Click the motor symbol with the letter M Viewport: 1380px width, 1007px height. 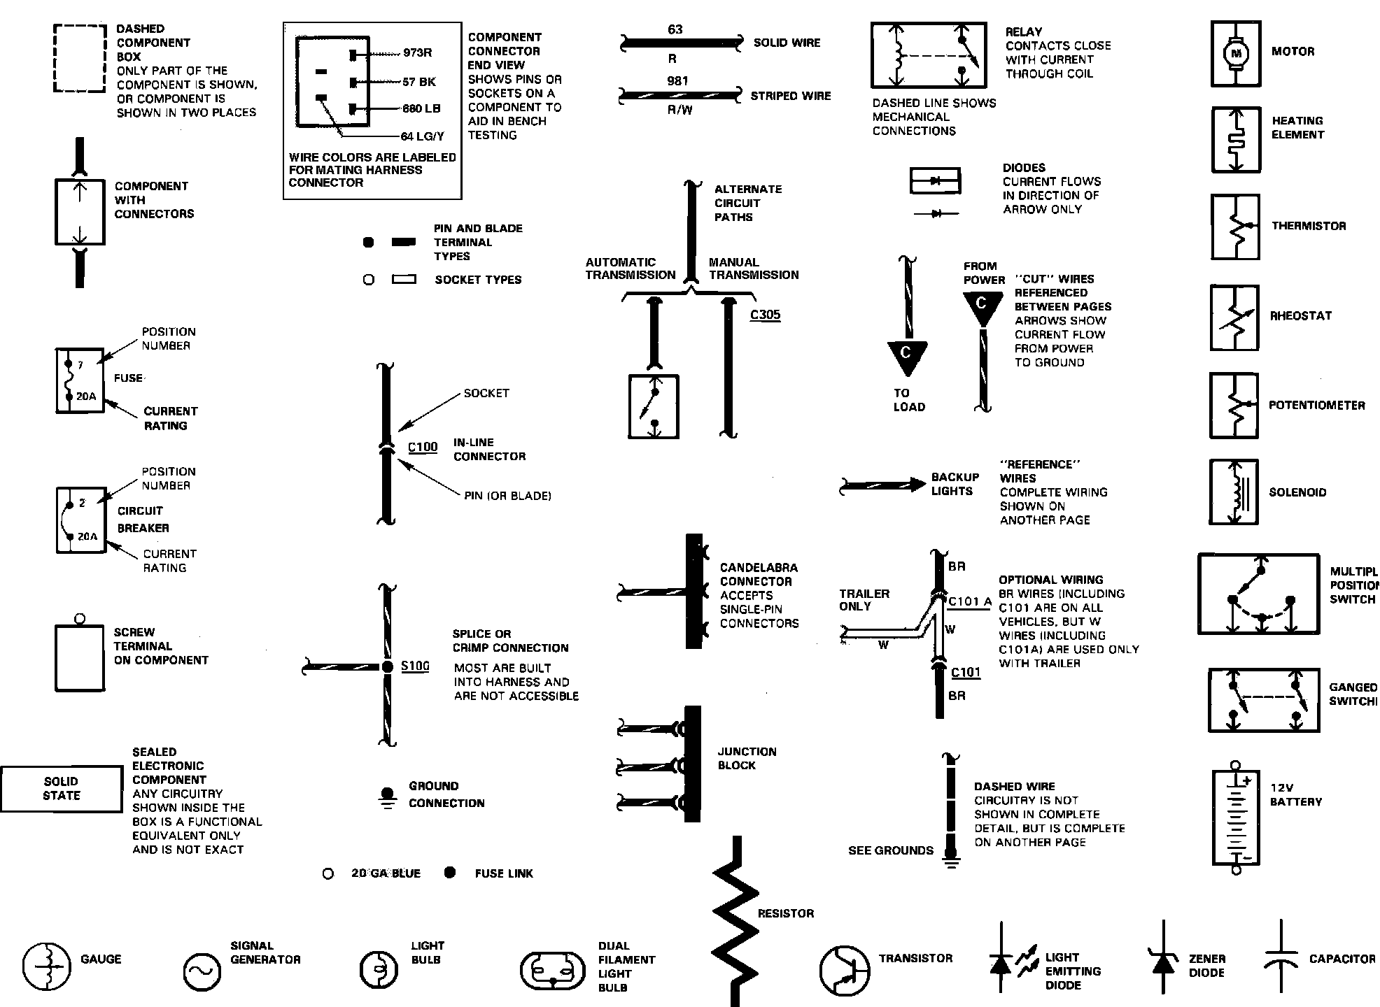pos(1236,53)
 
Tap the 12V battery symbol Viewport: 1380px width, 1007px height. pos(1236,818)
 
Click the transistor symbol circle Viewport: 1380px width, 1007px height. pos(844,970)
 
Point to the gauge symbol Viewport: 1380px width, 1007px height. pos(46,966)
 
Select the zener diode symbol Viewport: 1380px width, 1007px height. pos(1163,957)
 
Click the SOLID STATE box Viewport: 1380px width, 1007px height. pos(62,789)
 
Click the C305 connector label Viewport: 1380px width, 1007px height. pos(765,315)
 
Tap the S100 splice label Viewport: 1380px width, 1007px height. pos(415,666)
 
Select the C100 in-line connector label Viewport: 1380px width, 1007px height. pos(423,448)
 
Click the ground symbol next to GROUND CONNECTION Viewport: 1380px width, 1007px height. pos(386,798)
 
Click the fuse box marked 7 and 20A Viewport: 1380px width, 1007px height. pos(80,381)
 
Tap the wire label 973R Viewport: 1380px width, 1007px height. pos(418,53)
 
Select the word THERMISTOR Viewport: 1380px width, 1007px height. pos(1309,226)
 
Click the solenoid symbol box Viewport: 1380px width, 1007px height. pos(1234,492)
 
